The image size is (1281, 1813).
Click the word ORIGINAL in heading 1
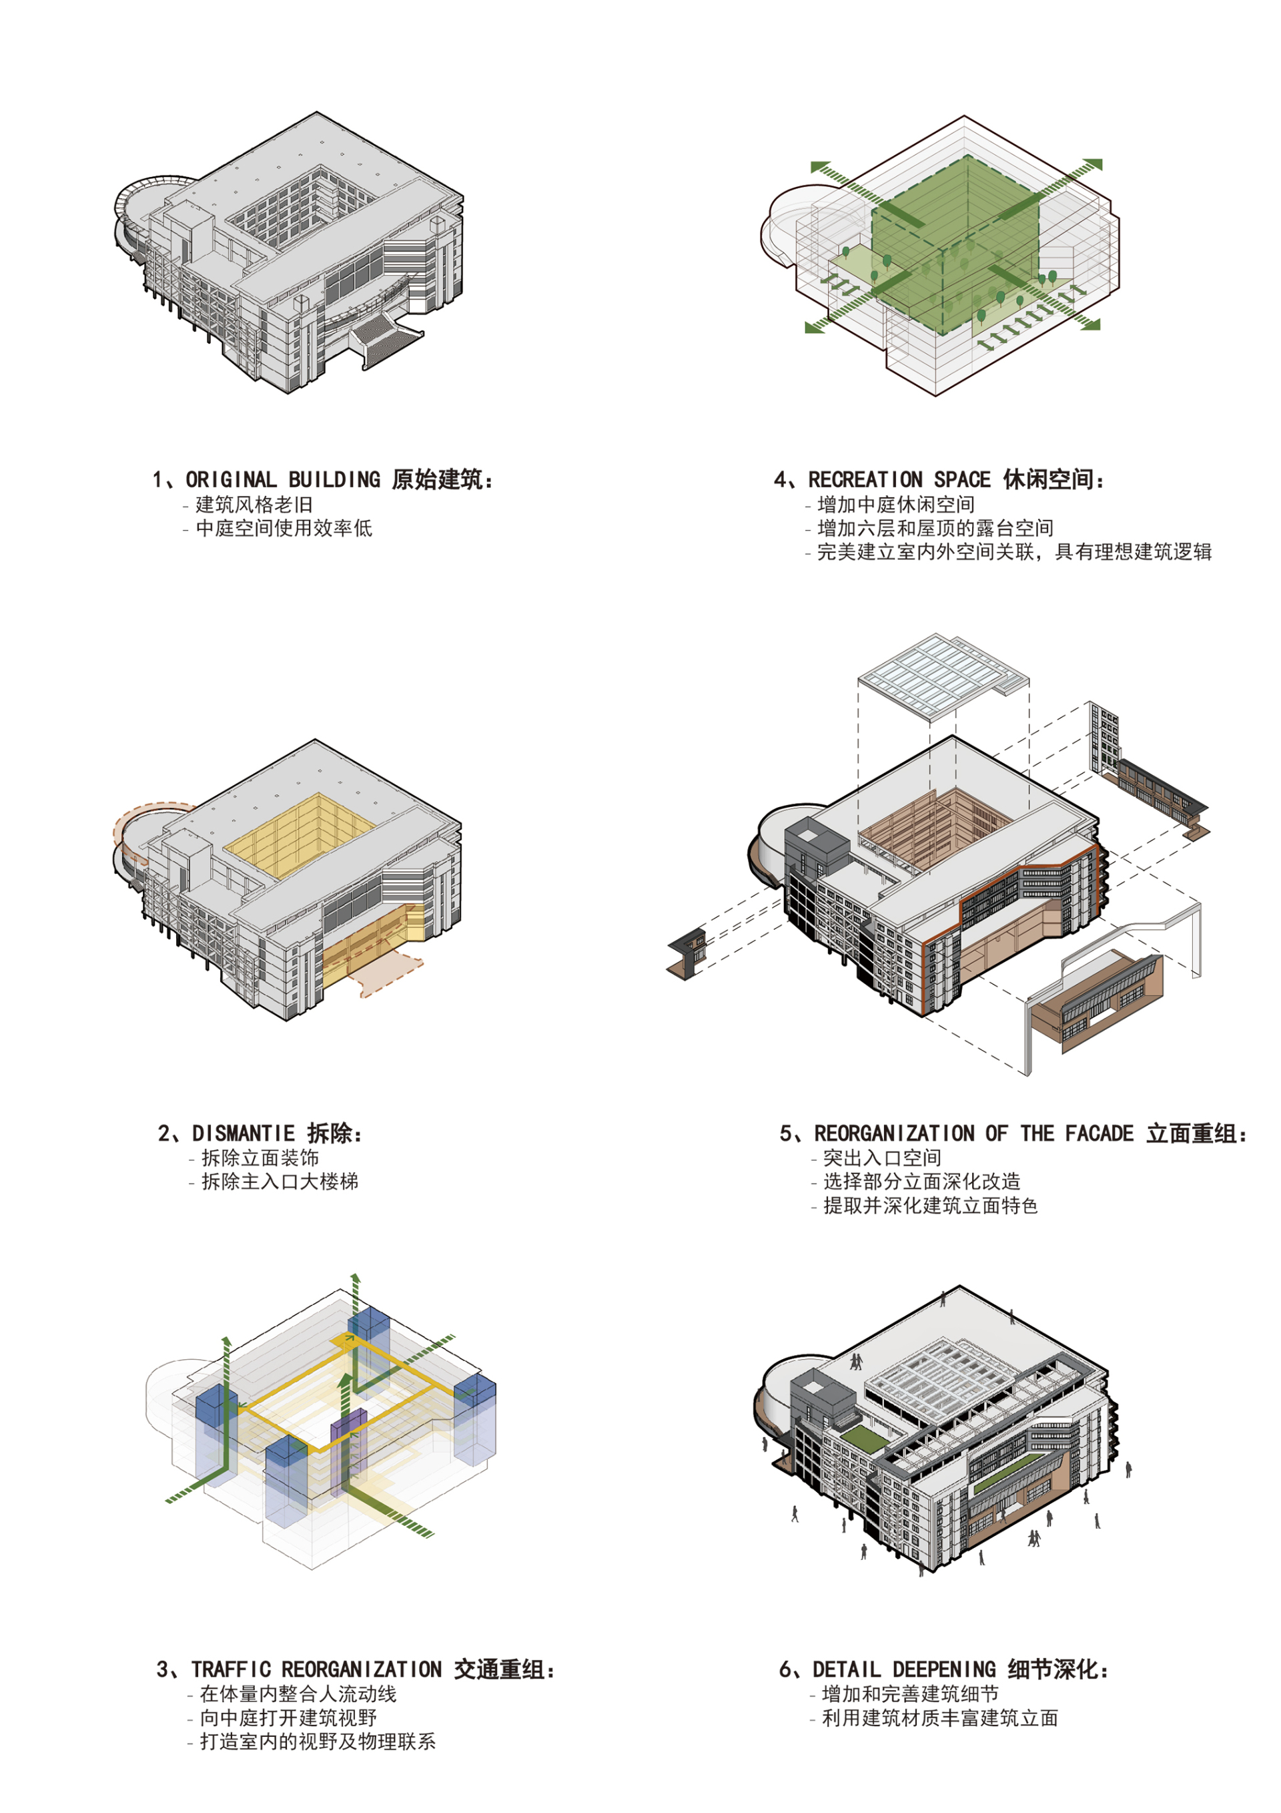232,479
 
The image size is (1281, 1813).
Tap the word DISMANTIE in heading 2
243,1133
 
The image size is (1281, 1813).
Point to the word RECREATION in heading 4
865,479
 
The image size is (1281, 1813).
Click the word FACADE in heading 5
1100,1133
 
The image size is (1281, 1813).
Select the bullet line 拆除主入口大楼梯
280,1182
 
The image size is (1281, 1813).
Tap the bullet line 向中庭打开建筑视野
288,1718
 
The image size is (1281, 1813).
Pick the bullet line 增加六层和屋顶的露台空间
935,528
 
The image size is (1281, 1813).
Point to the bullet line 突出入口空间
883,1157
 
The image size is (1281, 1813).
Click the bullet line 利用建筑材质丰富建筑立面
940,1718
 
